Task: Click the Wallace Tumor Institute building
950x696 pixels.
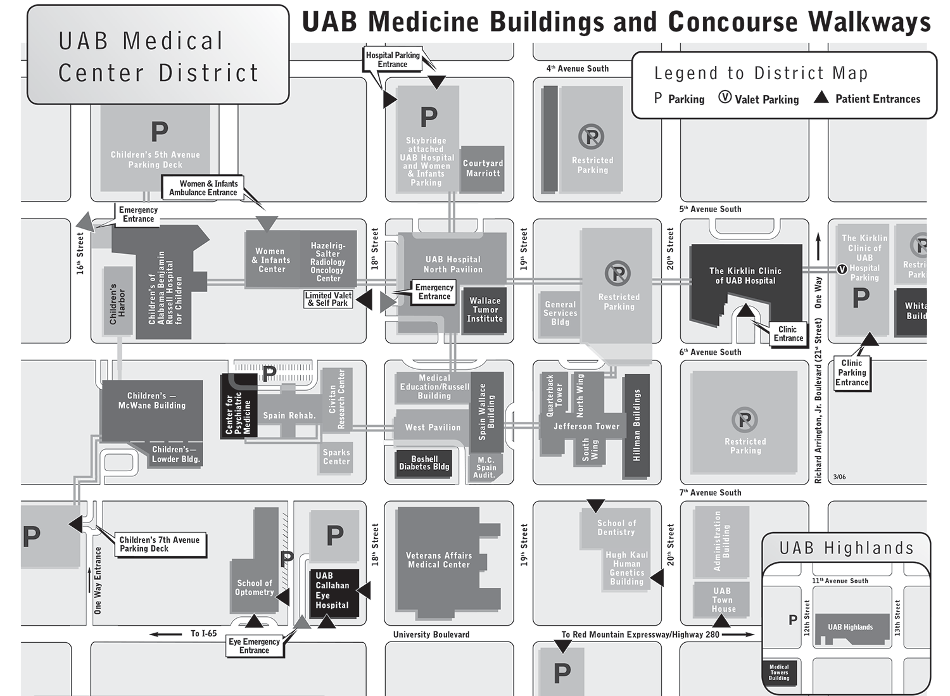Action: [x=484, y=310]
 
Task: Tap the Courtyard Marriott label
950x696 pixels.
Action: [x=483, y=168]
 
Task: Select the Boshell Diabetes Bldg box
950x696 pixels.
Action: [x=424, y=463]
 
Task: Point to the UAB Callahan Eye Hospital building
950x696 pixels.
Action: [x=332, y=591]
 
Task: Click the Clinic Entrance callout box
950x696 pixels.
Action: [x=788, y=334]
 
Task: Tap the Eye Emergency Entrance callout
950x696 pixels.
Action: [x=254, y=646]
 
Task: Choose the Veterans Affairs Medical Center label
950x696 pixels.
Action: [x=438, y=560]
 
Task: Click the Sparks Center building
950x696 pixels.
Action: [x=336, y=457]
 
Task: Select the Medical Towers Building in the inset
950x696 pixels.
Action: [x=779, y=673]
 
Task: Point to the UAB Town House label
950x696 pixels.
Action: [x=723, y=600]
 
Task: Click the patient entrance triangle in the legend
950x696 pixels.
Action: [x=821, y=98]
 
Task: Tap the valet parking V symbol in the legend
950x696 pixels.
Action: [x=725, y=98]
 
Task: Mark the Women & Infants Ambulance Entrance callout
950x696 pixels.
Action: [x=203, y=188]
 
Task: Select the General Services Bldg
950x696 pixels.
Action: [x=560, y=313]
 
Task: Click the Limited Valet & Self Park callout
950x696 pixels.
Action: [x=328, y=300]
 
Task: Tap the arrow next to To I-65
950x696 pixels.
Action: [x=166, y=633]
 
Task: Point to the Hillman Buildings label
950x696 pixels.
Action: [x=636, y=424]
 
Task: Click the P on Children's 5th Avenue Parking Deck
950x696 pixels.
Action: [x=159, y=132]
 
